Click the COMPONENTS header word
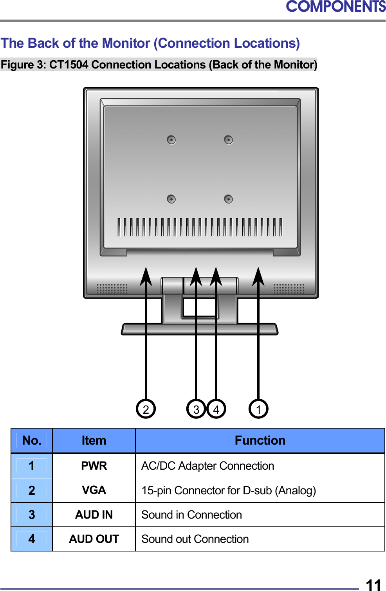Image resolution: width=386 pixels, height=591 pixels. click(335, 7)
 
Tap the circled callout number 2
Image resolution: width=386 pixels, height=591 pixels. click(146, 409)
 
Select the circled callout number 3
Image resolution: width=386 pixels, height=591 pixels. click(196, 409)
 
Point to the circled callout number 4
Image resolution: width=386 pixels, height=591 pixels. click(216, 409)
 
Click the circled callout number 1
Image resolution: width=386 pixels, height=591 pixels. click(258, 409)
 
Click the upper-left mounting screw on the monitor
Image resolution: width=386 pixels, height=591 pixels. click(171, 140)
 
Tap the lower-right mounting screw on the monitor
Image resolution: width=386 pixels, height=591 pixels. click(229, 199)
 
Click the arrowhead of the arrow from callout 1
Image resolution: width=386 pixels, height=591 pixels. click(258, 276)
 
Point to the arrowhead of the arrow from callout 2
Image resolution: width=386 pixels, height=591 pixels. click(146, 276)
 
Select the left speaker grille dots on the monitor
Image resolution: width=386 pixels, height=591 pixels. click(112, 289)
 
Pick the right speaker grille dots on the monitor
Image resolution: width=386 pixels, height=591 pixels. click(289, 289)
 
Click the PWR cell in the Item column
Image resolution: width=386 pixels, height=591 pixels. click(94, 466)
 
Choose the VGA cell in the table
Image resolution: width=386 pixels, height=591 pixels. click(94, 490)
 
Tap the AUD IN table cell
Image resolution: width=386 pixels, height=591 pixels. click(94, 515)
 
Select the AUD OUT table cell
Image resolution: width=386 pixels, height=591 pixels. click(94, 539)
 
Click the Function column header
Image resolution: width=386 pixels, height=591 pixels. click(260, 441)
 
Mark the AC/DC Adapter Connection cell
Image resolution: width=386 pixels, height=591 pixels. click(207, 466)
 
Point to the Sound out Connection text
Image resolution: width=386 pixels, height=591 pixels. click(195, 539)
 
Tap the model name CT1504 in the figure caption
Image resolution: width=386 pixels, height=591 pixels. click(69, 65)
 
